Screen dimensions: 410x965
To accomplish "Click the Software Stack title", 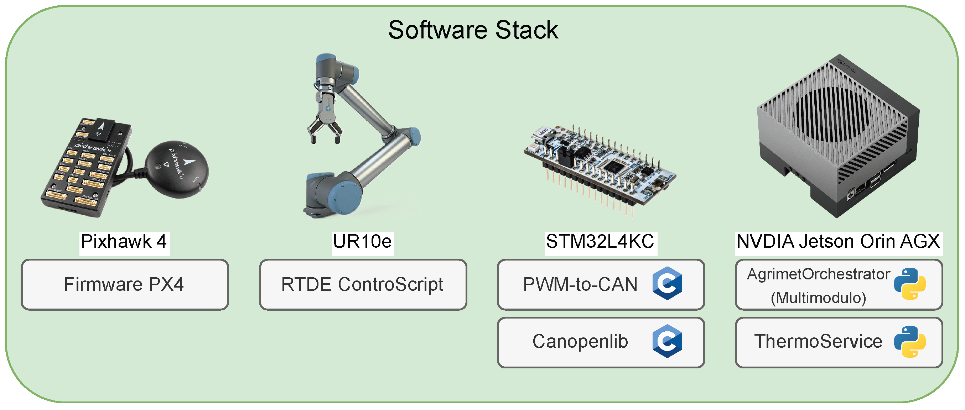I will tap(473, 30).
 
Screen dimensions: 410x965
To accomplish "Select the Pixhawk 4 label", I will tap(124, 242).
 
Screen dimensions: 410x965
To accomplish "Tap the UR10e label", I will tap(362, 242).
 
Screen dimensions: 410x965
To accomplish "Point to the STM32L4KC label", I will tap(600, 242).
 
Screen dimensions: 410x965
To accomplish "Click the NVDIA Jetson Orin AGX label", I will tap(838, 242).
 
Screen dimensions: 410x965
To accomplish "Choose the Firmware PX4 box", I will tap(124, 285).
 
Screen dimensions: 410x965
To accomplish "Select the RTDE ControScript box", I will tap(363, 285).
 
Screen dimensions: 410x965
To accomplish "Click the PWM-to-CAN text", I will tap(580, 285).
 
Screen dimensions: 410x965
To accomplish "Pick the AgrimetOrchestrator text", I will tap(818, 274).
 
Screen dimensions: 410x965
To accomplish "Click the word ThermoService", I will tap(818, 341).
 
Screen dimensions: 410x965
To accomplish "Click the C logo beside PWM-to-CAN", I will tap(667, 283).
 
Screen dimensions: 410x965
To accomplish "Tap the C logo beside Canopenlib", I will tap(667, 341).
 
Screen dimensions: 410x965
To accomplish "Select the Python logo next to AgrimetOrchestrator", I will tap(909, 284).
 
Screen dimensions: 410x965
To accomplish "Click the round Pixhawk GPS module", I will tap(177, 169).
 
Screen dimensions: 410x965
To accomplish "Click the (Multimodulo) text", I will tap(818, 298).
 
